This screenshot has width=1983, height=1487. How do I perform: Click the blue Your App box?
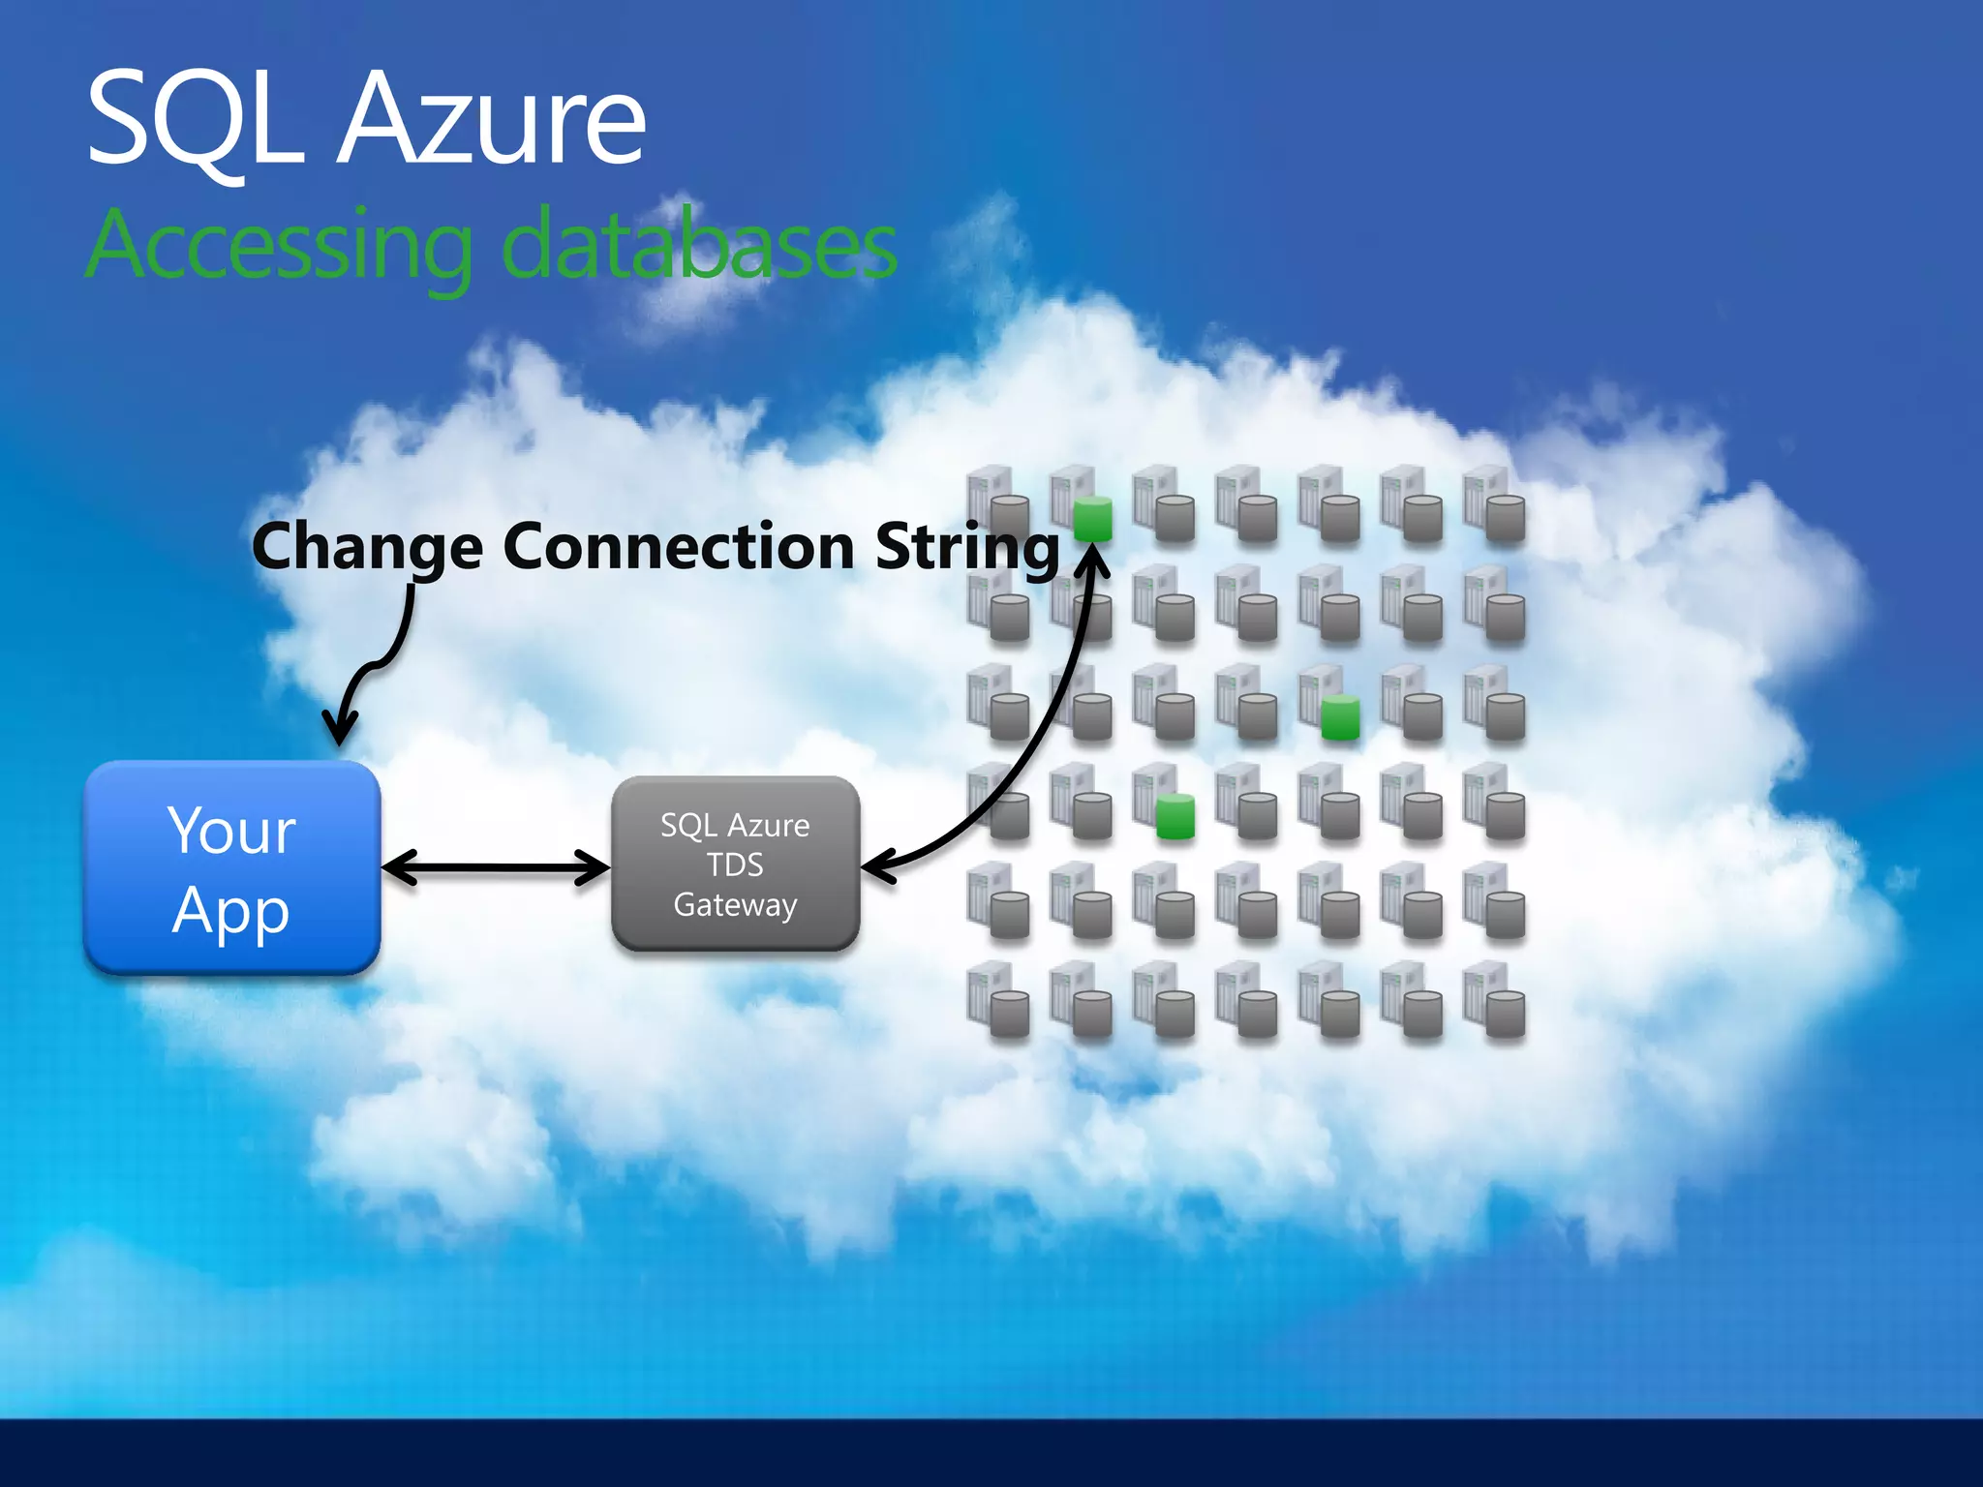click(x=231, y=866)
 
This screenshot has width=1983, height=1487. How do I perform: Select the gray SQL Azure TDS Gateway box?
click(x=735, y=864)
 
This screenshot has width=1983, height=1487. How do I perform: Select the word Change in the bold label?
click(x=367, y=547)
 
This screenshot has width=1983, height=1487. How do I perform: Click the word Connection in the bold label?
click(x=679, y=547)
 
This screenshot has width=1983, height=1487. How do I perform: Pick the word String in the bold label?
click(x=967, y=547)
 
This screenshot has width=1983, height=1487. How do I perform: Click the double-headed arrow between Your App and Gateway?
click(x=496, y=866)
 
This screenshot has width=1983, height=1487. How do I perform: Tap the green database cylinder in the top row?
click(x=1093, y=518)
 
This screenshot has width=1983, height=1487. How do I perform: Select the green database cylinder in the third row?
click(x=1340, y=716)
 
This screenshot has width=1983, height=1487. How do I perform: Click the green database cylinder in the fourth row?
click(x=1175, y=815)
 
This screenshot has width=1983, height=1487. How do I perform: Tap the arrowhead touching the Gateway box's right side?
click(x=877, y=863)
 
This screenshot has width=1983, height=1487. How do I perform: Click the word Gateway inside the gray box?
click(x=735, y=904)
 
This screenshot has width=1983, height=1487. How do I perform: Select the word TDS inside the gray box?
click(x=735, y=865)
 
